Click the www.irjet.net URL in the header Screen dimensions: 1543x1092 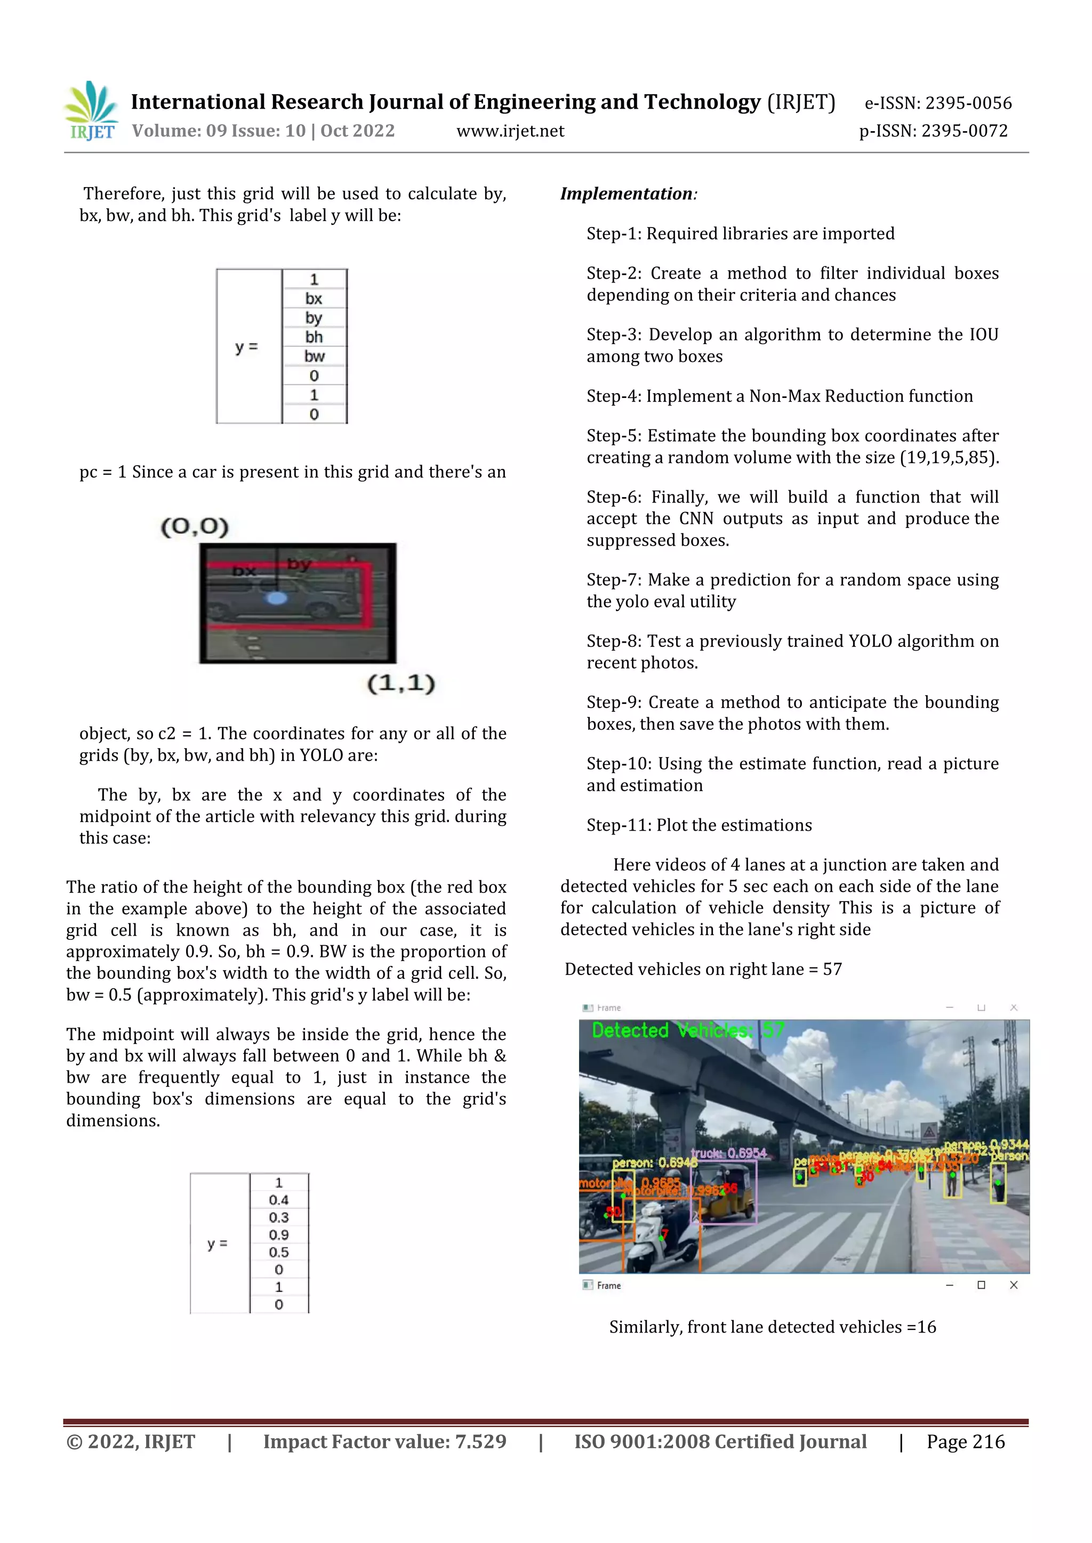tap(510, 131)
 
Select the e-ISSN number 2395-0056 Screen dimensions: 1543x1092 tap(968, 103)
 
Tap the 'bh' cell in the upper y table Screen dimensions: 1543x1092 tap(314, 337)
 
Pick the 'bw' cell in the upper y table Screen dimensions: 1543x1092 tap(314, 356)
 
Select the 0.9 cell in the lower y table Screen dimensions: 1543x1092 tap(278, 1235)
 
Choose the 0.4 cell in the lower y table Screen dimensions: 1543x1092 tap(278, 1199)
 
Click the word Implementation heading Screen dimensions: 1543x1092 tap(626, 194)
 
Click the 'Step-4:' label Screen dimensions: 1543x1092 tap(614, 396)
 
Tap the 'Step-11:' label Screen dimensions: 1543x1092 tap(619, 825)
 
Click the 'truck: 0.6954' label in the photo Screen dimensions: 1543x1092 tap(729, 1153)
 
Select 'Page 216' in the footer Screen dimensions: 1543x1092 tap(965, 1442)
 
